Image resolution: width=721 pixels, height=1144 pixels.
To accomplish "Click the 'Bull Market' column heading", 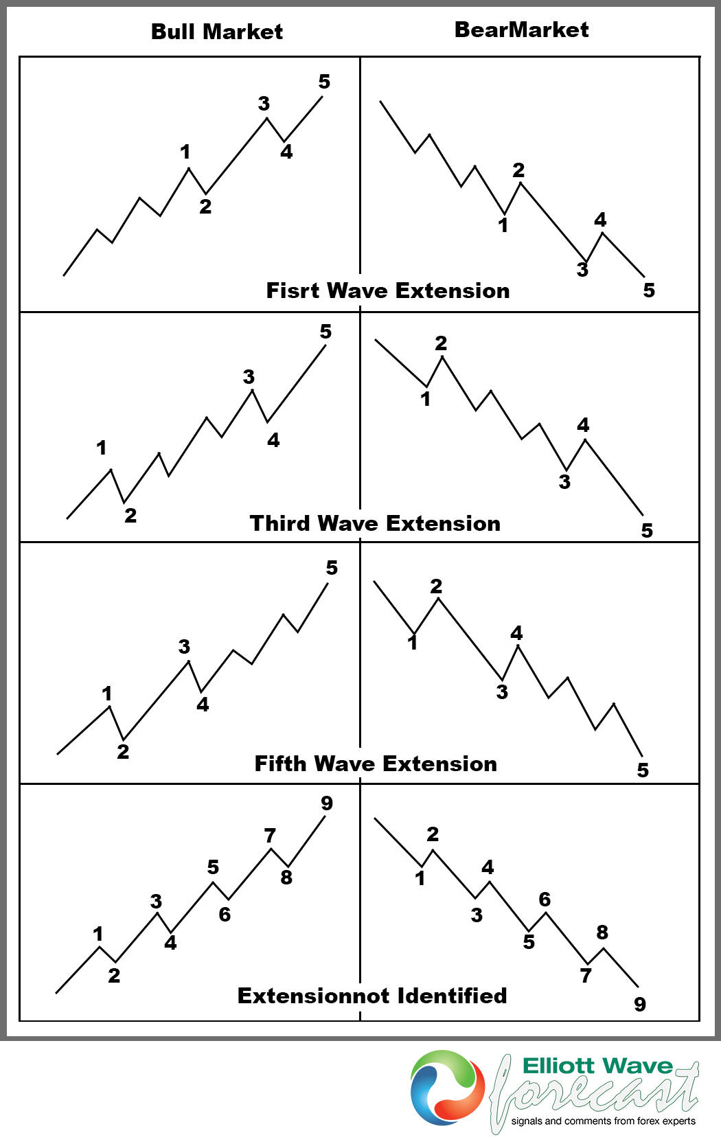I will click(216, 32).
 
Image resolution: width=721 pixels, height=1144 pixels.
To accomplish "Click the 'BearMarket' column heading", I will click(521, 30).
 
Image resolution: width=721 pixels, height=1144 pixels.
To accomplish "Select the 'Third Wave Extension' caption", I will click(375, 523).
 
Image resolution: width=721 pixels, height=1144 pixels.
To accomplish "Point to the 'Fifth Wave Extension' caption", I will click(376, 764).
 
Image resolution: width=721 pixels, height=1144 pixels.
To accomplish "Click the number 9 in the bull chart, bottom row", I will click(327, 803).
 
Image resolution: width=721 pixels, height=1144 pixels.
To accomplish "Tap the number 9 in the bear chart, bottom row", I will click(640, 1005).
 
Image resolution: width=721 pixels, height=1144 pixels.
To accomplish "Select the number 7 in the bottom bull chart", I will click(270, 836).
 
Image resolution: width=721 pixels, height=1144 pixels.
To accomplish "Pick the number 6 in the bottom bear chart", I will click(545, 900).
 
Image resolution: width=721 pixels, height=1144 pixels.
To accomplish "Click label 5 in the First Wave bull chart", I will click(324, 82).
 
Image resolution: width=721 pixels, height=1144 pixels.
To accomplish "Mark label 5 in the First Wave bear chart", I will click(649, 290).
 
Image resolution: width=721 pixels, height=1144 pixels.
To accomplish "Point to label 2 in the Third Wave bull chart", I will click(130, 516).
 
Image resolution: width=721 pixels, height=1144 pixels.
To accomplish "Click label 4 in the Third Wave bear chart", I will click(583, 425).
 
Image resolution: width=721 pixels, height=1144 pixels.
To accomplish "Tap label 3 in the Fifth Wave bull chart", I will click(184, 647).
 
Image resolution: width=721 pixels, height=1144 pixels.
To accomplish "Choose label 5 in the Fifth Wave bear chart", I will click(643, 770).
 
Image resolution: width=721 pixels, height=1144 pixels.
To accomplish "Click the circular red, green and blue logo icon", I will click(447, 1088).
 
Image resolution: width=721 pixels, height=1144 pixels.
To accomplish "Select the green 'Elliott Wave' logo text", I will click(597, 1066).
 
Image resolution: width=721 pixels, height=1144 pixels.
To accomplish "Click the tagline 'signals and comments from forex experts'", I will click(603, 1121).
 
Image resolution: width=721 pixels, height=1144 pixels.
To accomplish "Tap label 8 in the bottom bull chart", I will click(286, 878).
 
